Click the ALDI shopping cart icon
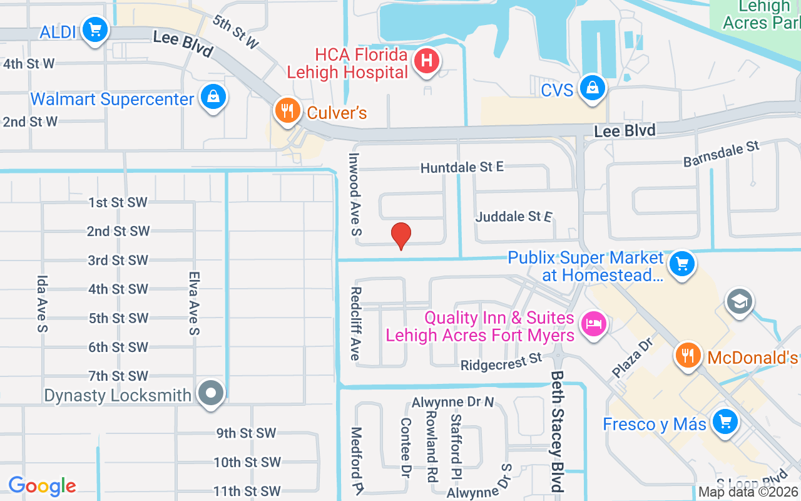[95, 29]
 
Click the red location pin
[401, 235]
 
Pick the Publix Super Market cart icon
[681, 264]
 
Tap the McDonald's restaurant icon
[688, 355]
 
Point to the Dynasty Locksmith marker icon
[211, 393]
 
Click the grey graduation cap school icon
[739, 302]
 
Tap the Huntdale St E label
[462, 167]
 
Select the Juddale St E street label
[514, 217]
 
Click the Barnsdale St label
[721, 153]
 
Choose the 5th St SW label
[118, 318]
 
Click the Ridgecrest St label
[501, 362]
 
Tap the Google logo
[43, 486]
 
